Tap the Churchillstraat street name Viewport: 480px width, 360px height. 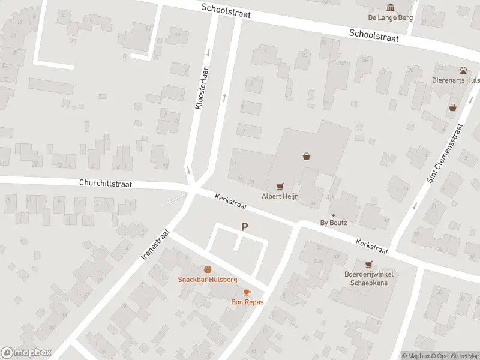coord(105,184)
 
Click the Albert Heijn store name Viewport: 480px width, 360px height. coord(280,196)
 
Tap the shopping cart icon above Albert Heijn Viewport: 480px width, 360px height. coord(280,186)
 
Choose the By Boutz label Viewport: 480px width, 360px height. coord(334,223)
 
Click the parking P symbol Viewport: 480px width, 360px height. coord(244,227)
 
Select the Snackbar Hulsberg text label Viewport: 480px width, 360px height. coord(208,280)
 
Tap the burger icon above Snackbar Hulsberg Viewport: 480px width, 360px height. coord(208,269)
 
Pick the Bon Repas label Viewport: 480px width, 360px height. coord(247,302)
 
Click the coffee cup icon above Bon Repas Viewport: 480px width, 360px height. coord(247,292)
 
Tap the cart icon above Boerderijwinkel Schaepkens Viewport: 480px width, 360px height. coord(368,264)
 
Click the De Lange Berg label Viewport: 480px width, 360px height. coord(391,17)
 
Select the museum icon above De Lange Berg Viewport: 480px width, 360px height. coord(391,7)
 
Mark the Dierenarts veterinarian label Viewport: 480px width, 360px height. coord(457,80)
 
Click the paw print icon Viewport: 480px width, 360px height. coord(464,70)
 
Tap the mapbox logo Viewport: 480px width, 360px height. coord(26,353)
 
